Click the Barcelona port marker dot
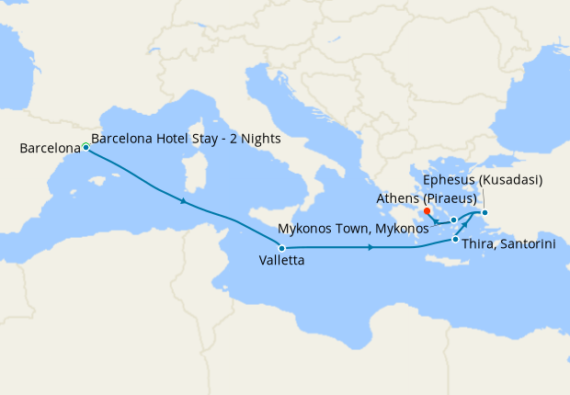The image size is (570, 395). (85, 147)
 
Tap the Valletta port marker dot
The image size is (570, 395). (281, 248)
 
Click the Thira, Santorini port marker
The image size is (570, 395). (456, 240)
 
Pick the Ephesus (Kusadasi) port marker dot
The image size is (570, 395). (485, 213)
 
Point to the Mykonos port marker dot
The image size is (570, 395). (454, 220)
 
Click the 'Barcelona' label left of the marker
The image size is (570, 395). (47, 148)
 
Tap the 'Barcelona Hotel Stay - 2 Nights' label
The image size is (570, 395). (187, 139)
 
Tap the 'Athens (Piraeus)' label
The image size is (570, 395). (426, 197)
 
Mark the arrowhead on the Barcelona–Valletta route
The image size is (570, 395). (186, 201)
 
